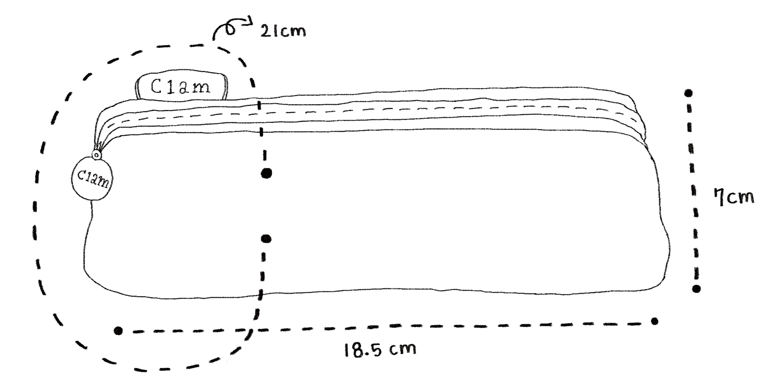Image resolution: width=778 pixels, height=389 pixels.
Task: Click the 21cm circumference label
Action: click(283, 32)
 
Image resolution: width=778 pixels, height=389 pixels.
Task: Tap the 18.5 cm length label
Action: click(380, 349)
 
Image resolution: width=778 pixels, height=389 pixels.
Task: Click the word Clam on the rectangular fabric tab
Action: click(180, 87)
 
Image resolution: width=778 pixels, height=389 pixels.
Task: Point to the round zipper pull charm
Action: click(92, 178)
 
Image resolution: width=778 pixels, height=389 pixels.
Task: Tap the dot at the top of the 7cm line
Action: click(688, 93)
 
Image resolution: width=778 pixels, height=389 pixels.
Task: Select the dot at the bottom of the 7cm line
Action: click(696, 288)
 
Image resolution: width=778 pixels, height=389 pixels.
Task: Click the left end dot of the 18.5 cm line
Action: click(118, 330)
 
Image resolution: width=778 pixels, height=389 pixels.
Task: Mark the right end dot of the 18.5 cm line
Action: click(655, 321)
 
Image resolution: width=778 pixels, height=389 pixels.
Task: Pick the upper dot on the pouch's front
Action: click(267, 173)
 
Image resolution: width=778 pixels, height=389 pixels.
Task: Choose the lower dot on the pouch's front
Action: click(266, 239)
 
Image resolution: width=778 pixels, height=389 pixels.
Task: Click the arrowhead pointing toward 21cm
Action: click(249, 22)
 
